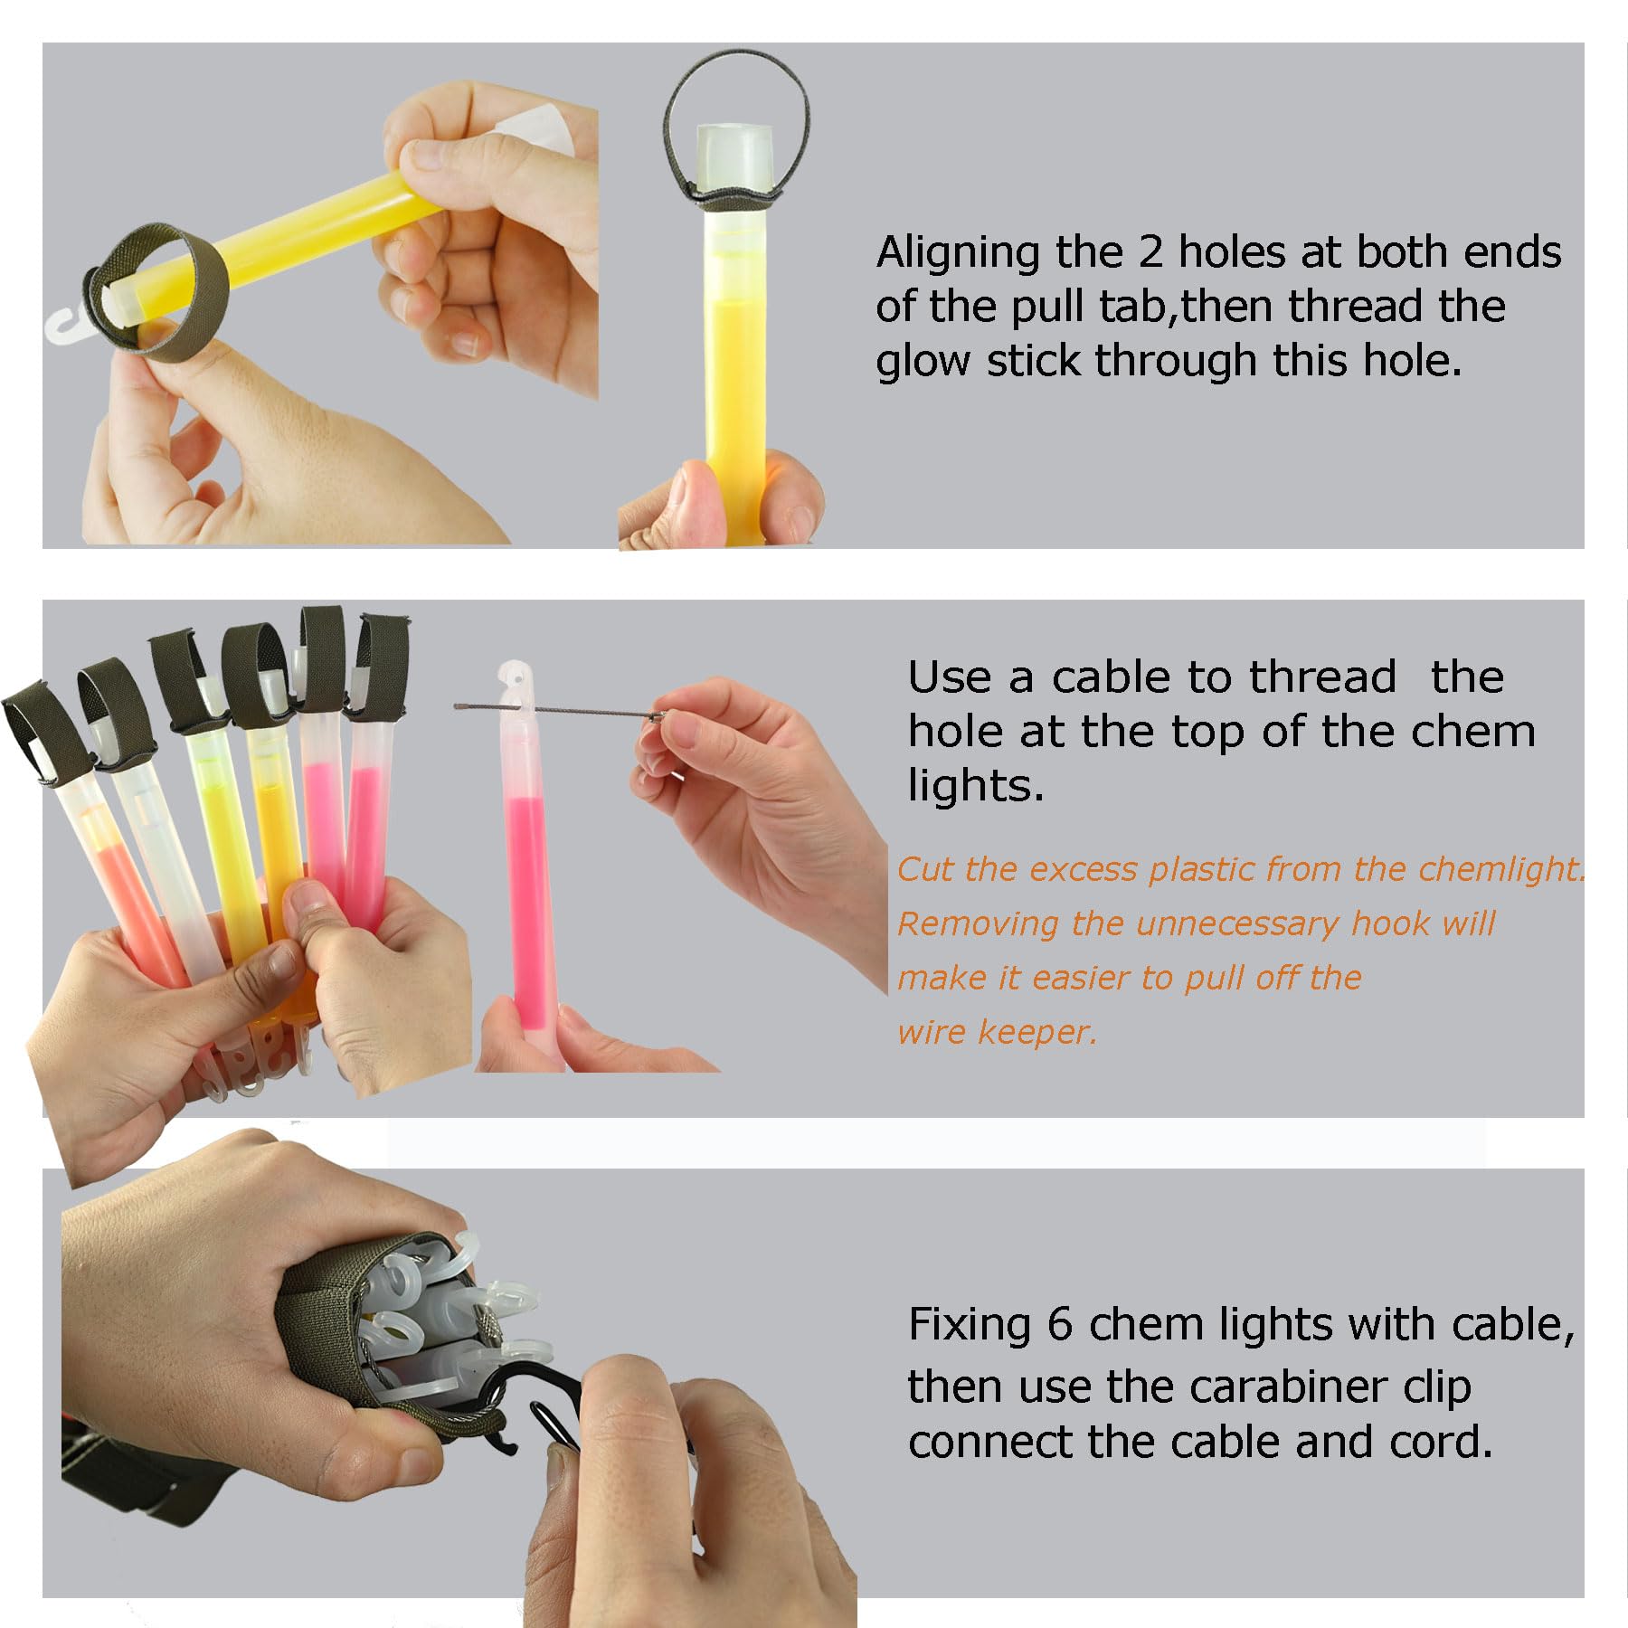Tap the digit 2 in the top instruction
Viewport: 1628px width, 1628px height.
[x=1150, y=252]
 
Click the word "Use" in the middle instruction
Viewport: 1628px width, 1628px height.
[x=946, y=677]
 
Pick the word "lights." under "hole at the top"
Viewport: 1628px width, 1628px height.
[x=976, y=785]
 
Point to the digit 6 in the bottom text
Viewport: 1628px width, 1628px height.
[x=1060, y=1326]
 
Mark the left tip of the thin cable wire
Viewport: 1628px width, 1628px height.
[x=457, y=705]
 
